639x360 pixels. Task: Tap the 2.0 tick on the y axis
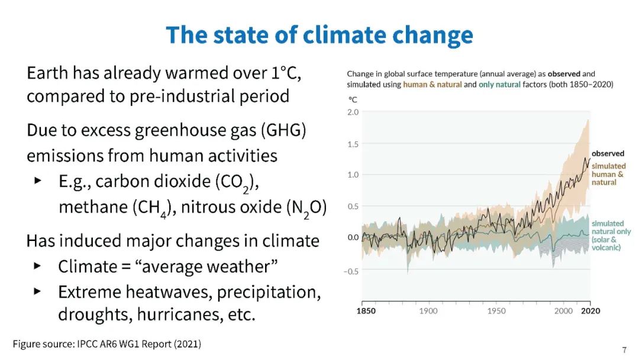(x=352, y=112)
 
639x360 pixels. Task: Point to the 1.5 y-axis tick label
(x=352, y=143)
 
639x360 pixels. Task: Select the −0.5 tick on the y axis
(x=351, y=271)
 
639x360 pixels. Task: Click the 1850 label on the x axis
(x=366, y=311)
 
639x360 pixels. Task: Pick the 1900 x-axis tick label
(x=428, y=311)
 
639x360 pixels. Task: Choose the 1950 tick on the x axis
(x=496, y=311)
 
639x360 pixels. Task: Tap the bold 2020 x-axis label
(x=590, y=311)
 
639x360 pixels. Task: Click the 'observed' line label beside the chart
(x=608, y=153)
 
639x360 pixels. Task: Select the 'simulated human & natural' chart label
(x=608, y=174)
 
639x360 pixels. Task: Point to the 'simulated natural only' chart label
(x=611, y=236)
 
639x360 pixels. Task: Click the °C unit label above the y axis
(x=351, y=100)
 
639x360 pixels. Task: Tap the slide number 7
(x=624, y=349)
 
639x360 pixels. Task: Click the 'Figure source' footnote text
(x=107, y=343)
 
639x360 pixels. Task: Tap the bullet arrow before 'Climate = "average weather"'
(x=37, y=266)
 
